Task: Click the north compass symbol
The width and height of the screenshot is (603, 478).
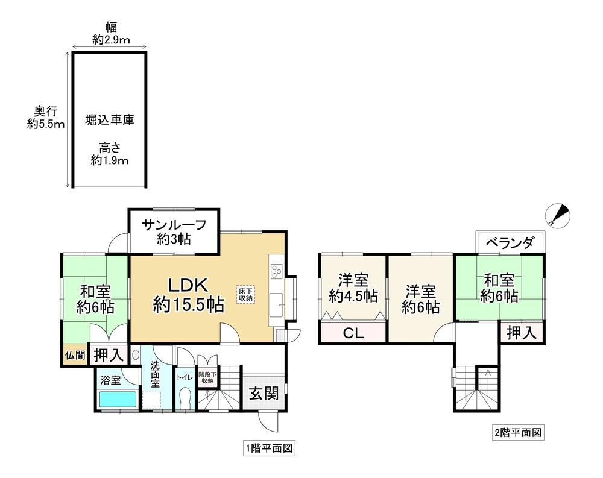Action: pos(558,215)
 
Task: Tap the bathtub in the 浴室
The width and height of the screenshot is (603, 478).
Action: pos(118,400)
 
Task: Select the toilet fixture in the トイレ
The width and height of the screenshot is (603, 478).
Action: pos(185,398)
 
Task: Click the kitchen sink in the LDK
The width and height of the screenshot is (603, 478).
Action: pos(276,305)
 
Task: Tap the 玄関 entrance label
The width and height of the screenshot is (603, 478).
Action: pos(264,393)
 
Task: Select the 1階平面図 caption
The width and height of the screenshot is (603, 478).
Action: pos(269,448)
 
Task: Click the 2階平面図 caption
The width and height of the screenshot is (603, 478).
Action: pos(518,433)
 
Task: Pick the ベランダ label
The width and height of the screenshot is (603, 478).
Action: pos(510,243)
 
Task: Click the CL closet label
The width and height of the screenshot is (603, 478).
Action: pos(353,333)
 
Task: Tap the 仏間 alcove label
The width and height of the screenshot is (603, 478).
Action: pos(75,355)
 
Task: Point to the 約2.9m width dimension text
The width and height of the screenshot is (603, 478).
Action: pos(111,40)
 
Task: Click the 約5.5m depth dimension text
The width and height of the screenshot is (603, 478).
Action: pos(46,124)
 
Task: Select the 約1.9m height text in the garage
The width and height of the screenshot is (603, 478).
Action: pos(110,160)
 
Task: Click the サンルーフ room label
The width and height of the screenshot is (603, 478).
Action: pos(174,224)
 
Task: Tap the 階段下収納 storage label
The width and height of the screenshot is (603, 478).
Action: pos(207,377)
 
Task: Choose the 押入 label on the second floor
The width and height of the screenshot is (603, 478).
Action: pos(522,333)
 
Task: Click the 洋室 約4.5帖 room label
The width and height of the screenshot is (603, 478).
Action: pos(353,288)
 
